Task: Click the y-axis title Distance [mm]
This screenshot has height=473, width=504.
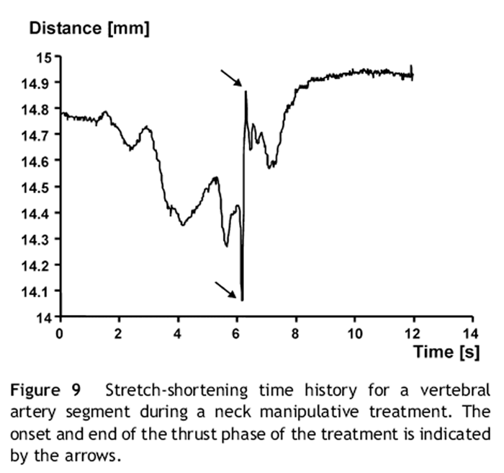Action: pos(89,30)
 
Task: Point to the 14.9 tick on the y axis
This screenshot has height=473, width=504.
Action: pos(41,84)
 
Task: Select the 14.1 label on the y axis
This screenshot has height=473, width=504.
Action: pos(41,291)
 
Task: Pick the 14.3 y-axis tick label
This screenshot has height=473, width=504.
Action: pos(41,239)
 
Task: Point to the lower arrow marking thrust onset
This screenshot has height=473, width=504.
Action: pos(226,289)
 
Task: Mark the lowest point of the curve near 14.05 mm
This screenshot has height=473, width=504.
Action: pos(242,300)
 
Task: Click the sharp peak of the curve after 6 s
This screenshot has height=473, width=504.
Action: pos(246,92)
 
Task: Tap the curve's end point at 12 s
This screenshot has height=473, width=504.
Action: pos(413,74)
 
